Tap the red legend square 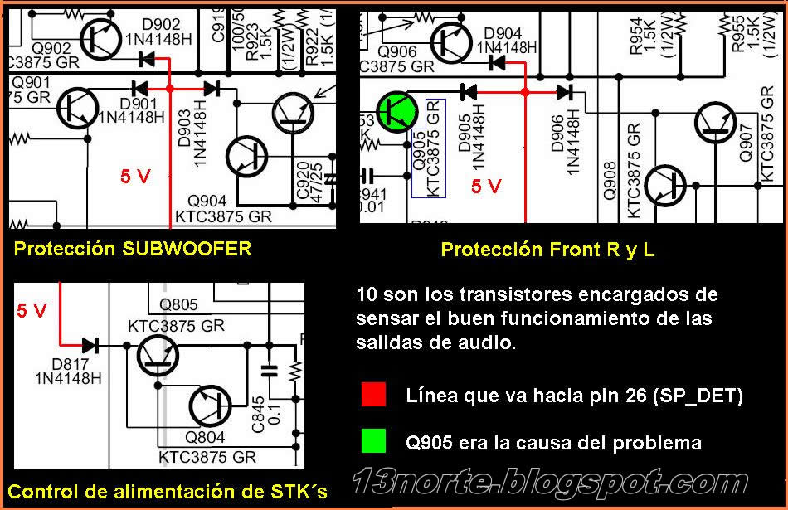click(374, 395)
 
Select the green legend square click(374, 442)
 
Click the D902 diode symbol click(147, 58)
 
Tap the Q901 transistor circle click(78, 105)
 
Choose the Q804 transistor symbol click(210, 406)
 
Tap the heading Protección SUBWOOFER click(132, 249)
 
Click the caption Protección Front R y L click(547, 250)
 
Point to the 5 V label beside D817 click(32, 311)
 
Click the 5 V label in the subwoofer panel click(136, 176)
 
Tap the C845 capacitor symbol click(269, 371)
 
